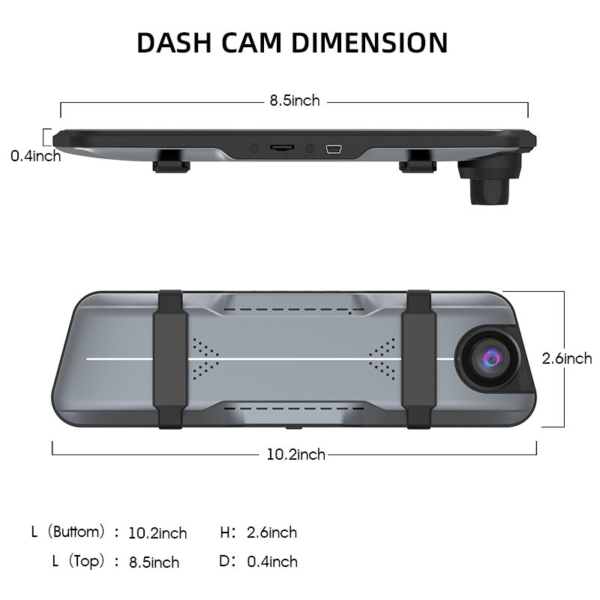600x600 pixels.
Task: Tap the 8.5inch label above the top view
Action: coord(295,100)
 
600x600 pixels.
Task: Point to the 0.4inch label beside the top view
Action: coord(35,156)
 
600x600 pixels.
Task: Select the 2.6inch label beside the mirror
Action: coord(567,358)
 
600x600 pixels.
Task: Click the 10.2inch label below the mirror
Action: coord(295,454)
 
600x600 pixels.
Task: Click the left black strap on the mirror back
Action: coord(170,359)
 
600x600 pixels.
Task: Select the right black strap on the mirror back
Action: coord(418,359)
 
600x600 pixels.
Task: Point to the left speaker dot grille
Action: coord(204,358)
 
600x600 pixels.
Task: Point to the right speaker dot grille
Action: coord(382,358)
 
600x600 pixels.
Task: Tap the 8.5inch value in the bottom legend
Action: coord(154,562)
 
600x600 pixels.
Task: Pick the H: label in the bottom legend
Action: coord(228,532)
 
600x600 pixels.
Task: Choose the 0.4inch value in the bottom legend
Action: coord(272,562)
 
